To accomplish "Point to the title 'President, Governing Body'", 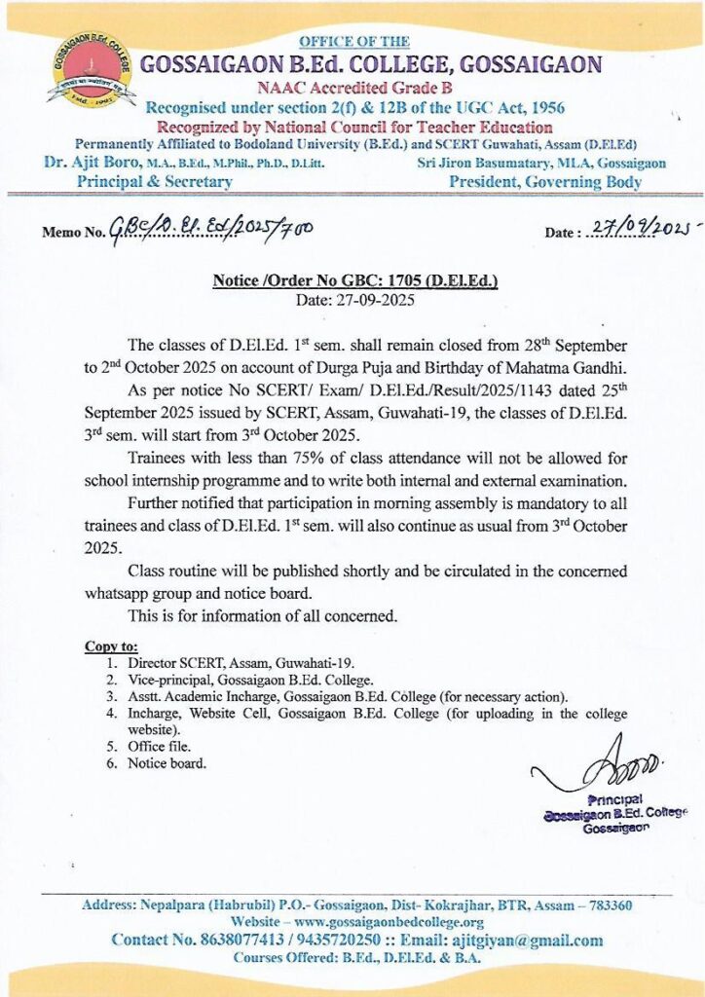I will click(545, 181).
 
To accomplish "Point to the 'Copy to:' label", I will click(111, 646).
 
